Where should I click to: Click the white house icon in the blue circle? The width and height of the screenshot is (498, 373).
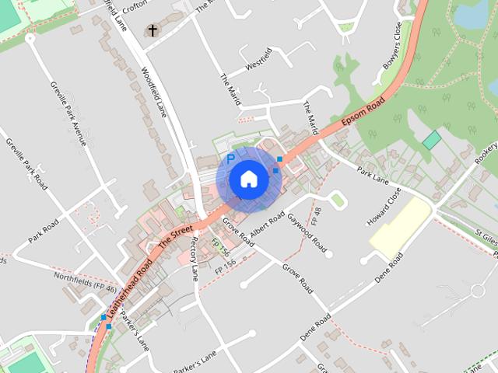(249, 179)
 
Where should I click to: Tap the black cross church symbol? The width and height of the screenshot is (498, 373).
(153, 31)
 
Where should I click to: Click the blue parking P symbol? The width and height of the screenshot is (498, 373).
(230, 159)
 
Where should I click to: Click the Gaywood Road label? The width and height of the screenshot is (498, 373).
(307, 231)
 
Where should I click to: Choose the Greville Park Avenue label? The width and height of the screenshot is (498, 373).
(68, 113)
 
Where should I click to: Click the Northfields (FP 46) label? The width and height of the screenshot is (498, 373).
(86, 282)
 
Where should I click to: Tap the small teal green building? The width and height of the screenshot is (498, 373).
(431, 141)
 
